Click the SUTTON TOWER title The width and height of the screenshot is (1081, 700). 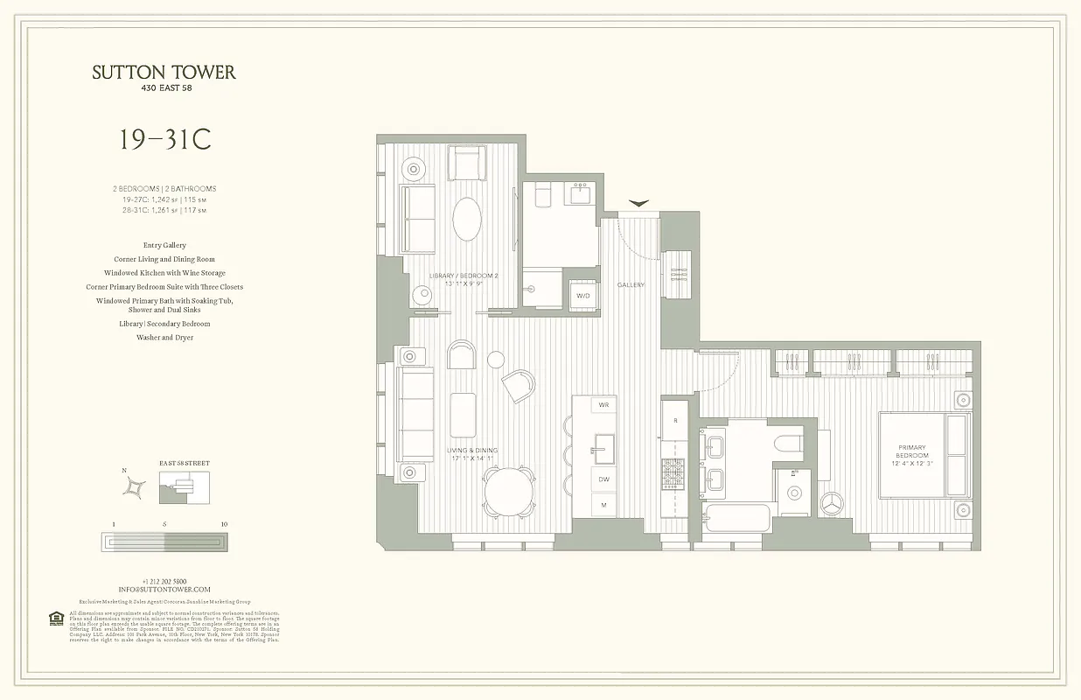164,73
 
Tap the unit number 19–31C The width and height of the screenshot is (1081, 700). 164,140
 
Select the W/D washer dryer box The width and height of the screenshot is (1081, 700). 582,296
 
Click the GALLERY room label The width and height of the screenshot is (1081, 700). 631,285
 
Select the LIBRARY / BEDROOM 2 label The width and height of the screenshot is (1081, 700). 464,279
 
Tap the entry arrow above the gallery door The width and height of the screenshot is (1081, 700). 639,204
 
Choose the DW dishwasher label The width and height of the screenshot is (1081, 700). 603,479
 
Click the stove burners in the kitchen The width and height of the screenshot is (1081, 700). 673,473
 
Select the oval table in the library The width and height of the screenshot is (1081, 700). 466,219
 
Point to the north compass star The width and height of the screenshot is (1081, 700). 135,487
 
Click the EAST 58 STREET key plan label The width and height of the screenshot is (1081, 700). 185,463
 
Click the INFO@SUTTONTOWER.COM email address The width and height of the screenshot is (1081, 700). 164,590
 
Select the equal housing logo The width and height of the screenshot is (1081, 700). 56,619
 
